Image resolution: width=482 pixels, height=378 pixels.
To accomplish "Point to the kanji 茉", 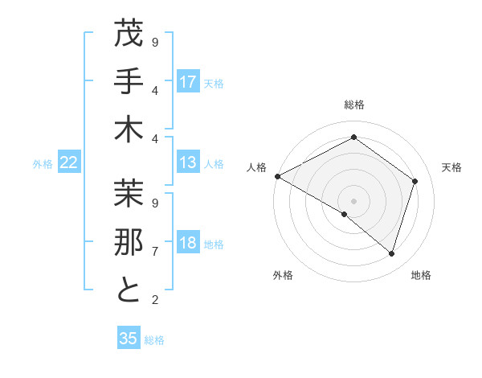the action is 129,193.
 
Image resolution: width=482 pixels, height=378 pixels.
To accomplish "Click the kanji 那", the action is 129,242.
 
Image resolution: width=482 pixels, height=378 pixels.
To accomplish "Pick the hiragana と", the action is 129,290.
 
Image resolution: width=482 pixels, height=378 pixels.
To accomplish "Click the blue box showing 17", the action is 188,82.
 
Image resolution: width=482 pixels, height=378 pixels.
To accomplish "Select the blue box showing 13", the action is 188,163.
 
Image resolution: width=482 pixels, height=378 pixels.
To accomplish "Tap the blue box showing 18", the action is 188,244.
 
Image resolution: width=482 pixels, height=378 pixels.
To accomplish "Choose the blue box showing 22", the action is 69,163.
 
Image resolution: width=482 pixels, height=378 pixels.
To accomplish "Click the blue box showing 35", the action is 129,339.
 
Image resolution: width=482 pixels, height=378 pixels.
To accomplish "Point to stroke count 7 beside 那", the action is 155,252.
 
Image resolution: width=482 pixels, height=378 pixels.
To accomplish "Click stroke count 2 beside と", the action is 155,300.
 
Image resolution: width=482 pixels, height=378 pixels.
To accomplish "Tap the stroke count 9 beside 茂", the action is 155,43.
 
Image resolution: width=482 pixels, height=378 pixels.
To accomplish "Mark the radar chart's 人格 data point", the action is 277,176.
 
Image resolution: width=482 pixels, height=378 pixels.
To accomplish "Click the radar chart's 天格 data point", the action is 415,181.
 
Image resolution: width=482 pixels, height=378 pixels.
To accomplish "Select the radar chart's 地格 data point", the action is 391,253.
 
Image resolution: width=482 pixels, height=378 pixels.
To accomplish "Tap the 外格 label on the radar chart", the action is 283,276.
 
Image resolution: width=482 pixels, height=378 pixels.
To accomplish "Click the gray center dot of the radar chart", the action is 353,200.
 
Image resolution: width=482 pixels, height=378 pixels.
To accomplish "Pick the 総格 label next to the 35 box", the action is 154,340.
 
